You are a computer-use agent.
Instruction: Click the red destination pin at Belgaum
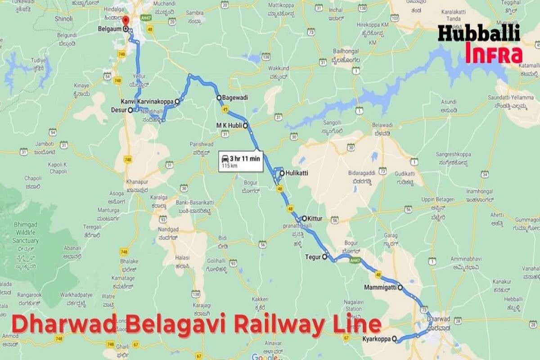126,21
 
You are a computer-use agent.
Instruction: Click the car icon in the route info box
224,158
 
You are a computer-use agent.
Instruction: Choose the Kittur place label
315,218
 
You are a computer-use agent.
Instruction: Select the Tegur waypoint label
314,257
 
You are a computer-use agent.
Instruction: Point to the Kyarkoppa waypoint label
376,339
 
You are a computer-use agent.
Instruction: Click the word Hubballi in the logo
479,34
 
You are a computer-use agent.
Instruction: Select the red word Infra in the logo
494,53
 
